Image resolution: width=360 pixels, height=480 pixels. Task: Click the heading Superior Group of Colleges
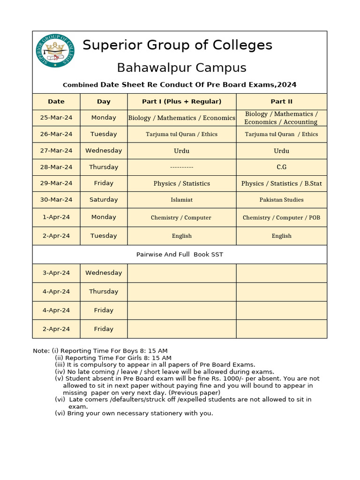coord(177,45)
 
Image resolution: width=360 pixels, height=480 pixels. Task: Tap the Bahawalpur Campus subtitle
coord(181,67)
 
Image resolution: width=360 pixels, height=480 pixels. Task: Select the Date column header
coord(56,102)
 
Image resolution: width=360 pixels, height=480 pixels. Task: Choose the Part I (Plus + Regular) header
coord(181,102)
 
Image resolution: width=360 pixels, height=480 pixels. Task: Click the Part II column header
coord(281,102)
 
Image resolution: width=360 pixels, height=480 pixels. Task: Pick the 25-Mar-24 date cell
coord(56,118)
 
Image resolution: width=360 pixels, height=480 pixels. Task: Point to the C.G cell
coord(281,167)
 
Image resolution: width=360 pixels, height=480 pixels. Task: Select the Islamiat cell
coord(181,200)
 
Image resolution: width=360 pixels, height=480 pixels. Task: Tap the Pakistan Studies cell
coord(281,200)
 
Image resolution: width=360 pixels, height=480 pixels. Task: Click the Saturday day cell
coord(104,200)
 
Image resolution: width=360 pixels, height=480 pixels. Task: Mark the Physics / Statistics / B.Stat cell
coord(281,184)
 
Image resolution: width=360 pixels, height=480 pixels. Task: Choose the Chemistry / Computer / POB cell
coord(281,217)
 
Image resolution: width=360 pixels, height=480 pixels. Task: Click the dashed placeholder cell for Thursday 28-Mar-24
coord(181,167)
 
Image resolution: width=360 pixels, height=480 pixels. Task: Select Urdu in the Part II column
coord(281,151)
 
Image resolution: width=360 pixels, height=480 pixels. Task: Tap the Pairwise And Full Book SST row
coord(180,255)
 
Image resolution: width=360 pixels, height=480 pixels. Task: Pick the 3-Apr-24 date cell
coord(56,273)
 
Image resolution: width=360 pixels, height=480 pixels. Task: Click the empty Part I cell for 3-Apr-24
coord(181,273)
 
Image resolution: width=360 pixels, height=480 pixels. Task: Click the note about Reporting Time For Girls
coord(113,358)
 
